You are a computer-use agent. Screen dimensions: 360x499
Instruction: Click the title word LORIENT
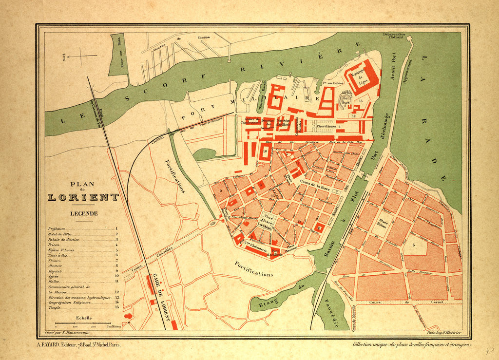pos(83,197)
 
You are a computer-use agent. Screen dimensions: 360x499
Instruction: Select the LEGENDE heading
pos(83,213)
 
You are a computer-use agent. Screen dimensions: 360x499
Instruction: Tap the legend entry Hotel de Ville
pos(60,234)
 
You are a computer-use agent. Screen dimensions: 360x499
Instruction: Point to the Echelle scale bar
pos(82,323)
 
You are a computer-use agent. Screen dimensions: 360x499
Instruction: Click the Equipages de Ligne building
pos(361,76)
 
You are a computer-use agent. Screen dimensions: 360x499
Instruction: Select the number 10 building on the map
pos(266,151)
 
